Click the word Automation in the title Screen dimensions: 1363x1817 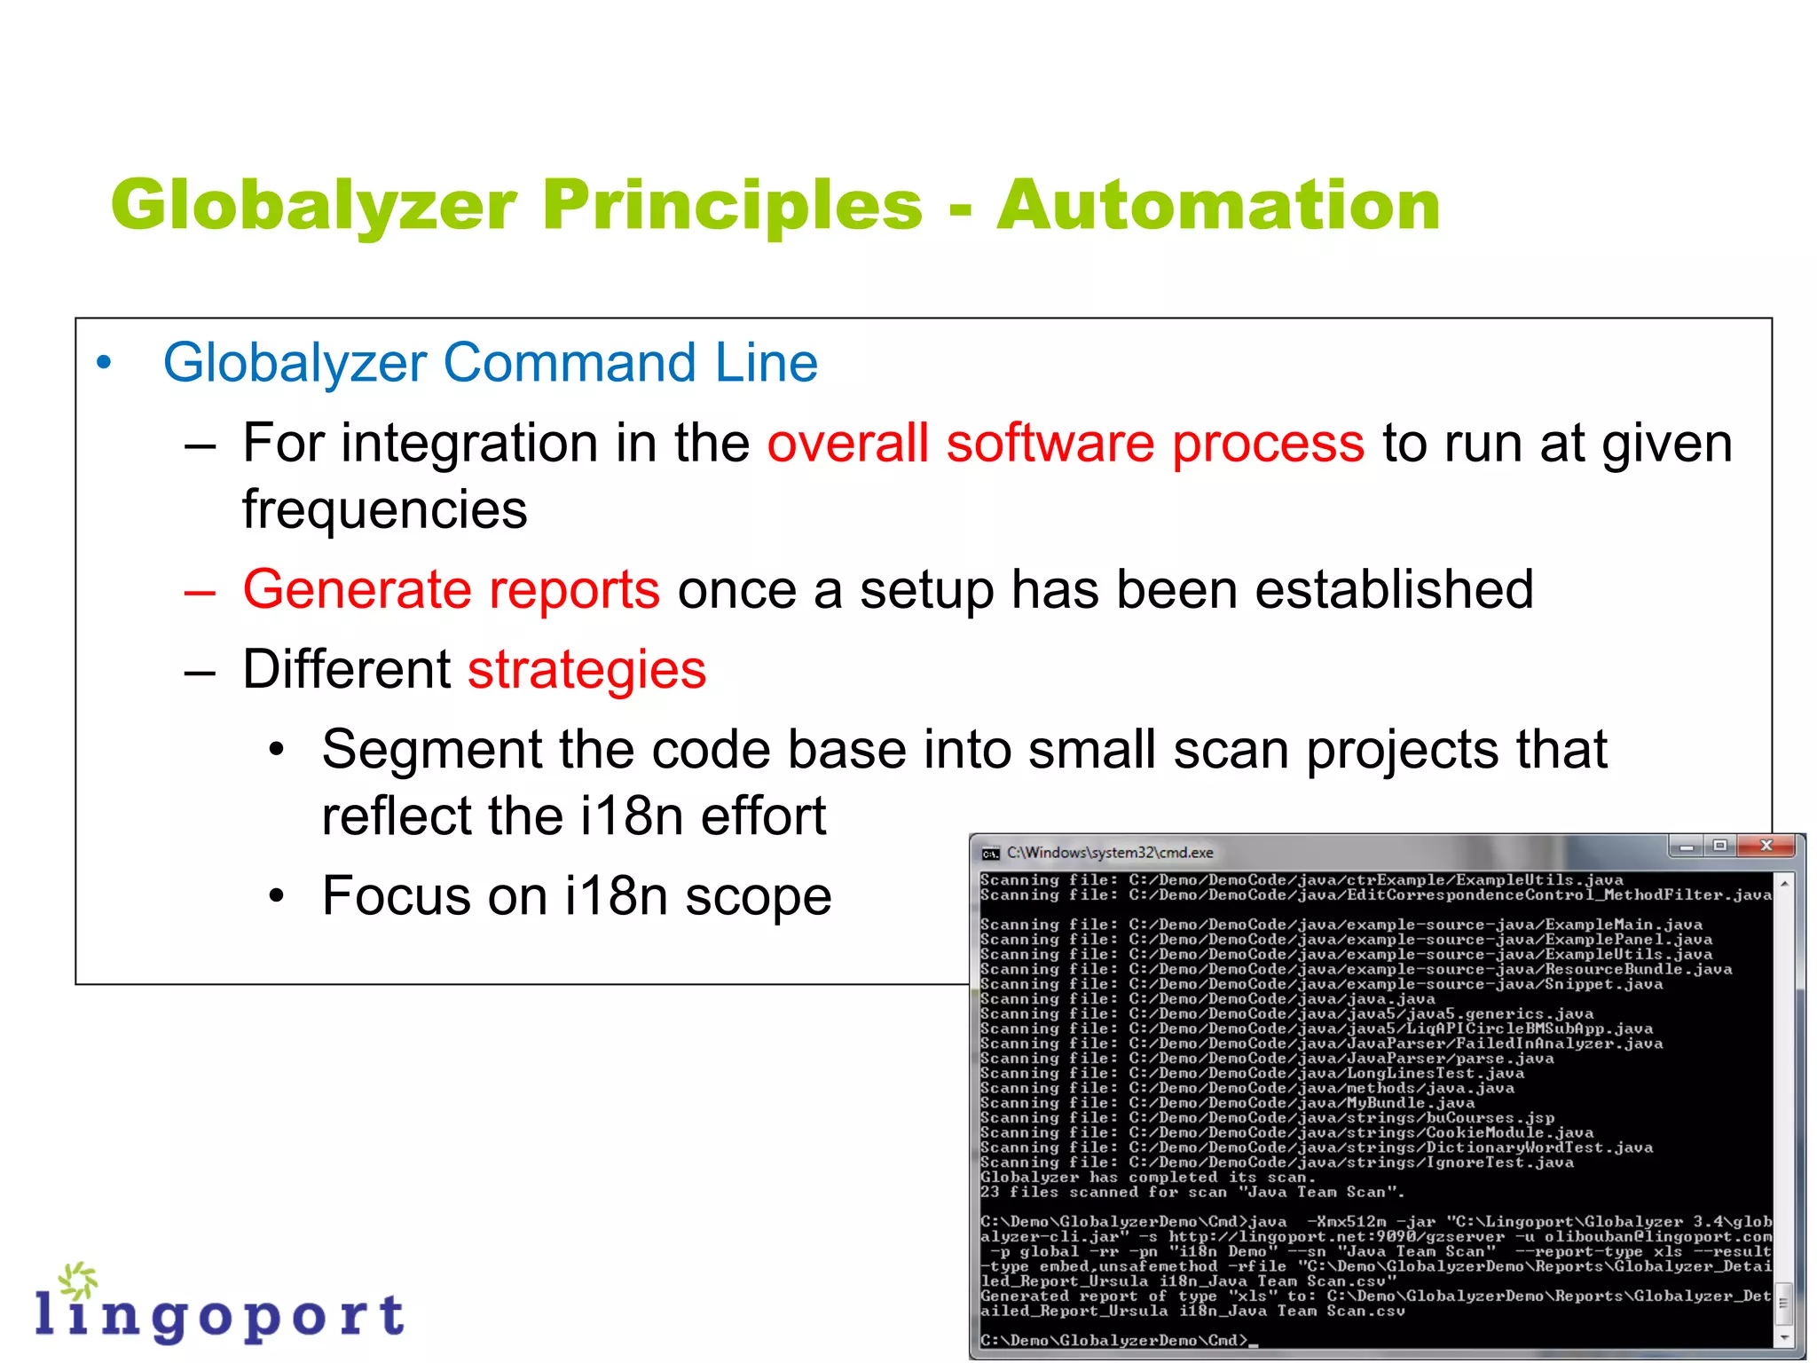coord(1217,206)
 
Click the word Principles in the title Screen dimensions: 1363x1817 coord(733,206)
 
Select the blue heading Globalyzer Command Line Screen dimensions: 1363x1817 coord(490,363)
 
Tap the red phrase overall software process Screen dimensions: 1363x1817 coord(1065,443)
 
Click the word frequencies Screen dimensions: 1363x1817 coord(384,510)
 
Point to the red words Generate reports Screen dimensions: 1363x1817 coord(451,589)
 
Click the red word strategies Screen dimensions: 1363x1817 coord(586,669)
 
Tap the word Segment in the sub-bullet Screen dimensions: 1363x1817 coord(430,750)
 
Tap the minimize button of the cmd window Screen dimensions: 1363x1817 coord(1687,847)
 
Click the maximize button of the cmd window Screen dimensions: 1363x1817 coord(1719,846)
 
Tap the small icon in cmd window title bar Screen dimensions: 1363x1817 coord(990,854)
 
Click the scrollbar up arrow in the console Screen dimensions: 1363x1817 coord(1784,884)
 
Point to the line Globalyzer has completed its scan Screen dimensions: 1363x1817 coord(1148,1178)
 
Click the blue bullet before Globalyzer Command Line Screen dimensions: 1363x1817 coord(104,363)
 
